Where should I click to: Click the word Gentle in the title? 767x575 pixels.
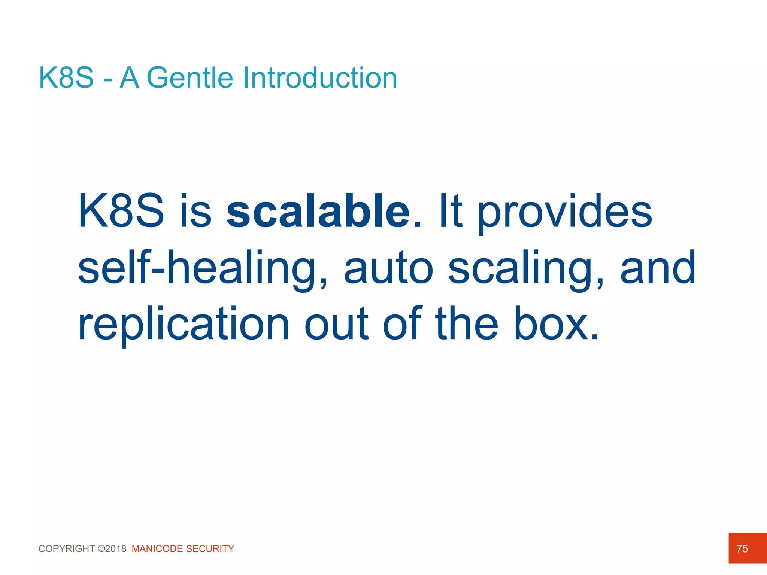190,78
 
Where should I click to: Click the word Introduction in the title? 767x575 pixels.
320,78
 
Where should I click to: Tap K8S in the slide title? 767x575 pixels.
66,78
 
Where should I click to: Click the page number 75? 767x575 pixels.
742,548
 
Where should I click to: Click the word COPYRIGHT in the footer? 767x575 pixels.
67,549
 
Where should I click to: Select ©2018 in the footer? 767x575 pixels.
112,549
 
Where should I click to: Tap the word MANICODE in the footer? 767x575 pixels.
157,549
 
